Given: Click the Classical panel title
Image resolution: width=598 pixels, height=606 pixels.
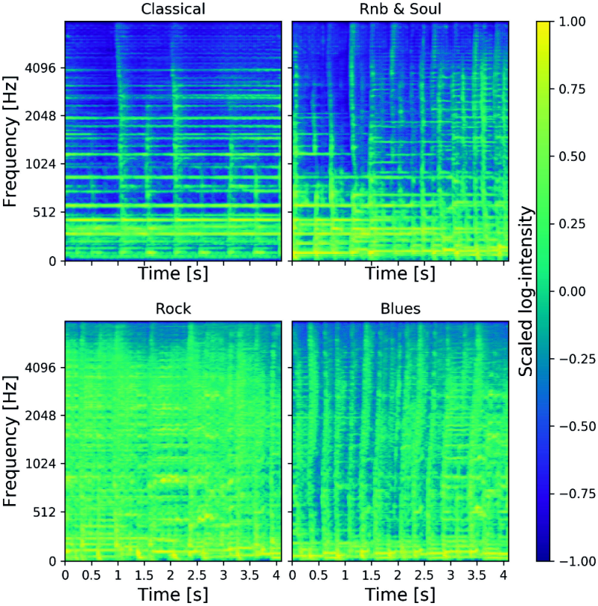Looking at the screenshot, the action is pos(173,9).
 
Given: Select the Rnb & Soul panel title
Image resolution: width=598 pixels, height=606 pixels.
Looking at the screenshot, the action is pos(400,9).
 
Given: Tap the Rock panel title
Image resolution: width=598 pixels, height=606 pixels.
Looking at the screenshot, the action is pos(173,309).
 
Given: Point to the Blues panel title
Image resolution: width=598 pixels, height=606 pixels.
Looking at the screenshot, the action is pos(400,309).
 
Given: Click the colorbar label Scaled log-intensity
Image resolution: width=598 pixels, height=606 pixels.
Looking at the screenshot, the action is pos(526,291).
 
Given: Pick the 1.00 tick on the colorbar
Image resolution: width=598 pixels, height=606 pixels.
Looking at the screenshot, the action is pos(572,22).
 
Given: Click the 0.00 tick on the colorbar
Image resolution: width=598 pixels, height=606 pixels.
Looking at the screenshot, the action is pos(572,291).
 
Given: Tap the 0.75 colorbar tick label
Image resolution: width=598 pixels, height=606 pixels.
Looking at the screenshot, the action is pos(572,89).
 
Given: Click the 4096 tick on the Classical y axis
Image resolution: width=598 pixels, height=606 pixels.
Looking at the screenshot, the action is pos(40,68).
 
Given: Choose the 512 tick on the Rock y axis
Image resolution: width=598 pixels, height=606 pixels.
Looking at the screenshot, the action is pos(45,512).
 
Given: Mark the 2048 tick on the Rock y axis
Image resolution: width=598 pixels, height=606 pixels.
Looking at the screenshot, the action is pos(40,416).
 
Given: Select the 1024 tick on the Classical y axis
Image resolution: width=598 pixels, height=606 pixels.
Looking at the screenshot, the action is pos(40,165).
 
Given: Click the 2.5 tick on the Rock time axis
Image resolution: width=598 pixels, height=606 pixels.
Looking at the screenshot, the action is pos(197,575).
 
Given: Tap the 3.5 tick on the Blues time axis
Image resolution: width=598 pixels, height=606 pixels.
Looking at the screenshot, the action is pos(477,575).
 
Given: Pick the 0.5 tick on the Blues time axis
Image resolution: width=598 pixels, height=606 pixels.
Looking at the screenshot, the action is pos(319,575).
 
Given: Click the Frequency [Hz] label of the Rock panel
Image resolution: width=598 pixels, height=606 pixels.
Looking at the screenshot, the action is pos(10,441).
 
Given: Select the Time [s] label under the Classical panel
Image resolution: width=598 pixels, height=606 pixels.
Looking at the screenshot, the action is pos(173,274).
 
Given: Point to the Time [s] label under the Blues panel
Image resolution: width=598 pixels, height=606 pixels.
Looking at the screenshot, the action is pos(400,594).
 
